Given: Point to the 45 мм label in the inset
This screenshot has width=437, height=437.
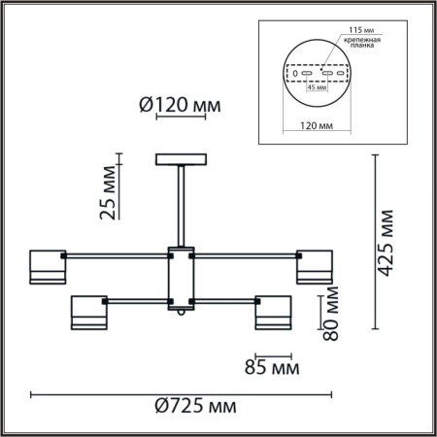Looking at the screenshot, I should pos(315,87).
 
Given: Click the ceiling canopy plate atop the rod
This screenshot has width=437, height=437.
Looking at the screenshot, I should pos(182,160).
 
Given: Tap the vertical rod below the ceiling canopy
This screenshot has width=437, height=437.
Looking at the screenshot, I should pos(182,204).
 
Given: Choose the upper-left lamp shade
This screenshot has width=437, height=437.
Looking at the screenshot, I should pos(47,267).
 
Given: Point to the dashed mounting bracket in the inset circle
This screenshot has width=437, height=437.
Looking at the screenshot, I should pos(316,74).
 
